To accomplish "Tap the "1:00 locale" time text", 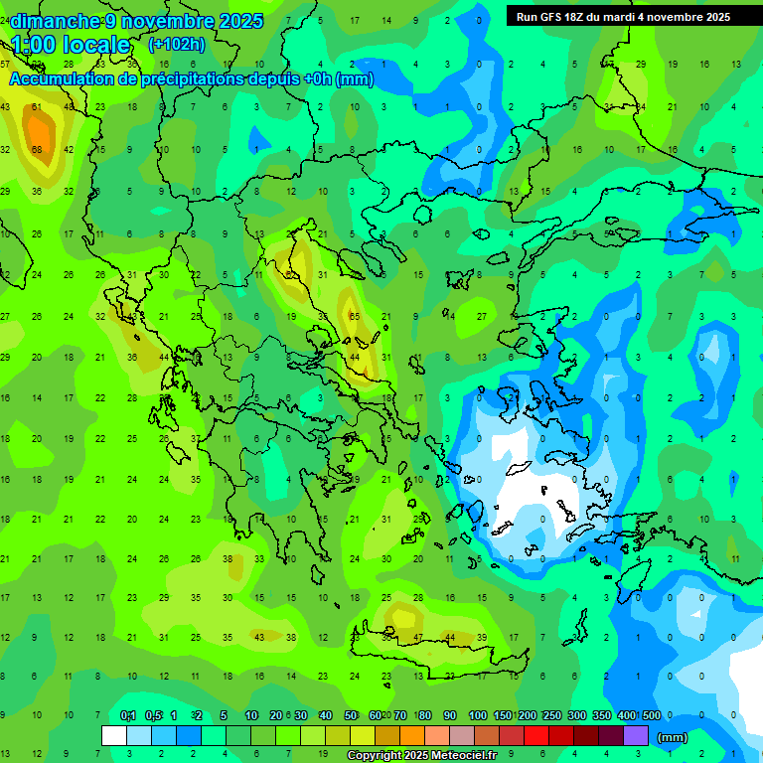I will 71,45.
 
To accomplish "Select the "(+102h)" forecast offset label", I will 177,44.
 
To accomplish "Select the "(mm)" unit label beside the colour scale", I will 673,737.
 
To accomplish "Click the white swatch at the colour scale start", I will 114,736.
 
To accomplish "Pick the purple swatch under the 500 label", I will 636,736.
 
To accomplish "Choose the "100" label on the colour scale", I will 478,715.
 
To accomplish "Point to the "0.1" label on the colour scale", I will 127,715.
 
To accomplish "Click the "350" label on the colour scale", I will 602,715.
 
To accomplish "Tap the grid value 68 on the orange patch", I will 37,150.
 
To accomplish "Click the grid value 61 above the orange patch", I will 37,107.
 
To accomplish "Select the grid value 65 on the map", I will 354,316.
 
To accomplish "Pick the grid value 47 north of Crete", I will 418,637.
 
